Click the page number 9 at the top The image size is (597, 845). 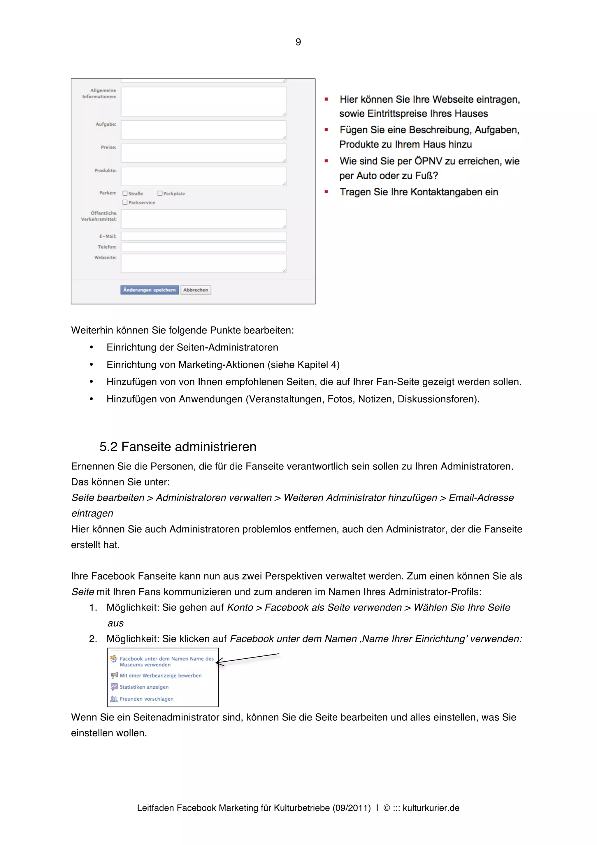click(298, 42)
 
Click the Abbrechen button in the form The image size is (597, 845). click(195, 290)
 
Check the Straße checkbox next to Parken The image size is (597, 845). click(125, 193)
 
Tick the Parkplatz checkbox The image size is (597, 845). click(160, 193)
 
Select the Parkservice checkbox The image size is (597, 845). click(125, 202)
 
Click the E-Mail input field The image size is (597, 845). click(203, 236)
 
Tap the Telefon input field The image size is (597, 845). click(203, 247)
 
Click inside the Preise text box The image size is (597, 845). click(203, 153)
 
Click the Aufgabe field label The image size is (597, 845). click(106, 124)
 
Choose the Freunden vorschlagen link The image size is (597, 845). click(146, 699)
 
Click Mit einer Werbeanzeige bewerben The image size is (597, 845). click(160, 675)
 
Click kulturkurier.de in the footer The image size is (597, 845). click(431, 808)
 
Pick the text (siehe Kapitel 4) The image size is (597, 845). click(303, 365)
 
